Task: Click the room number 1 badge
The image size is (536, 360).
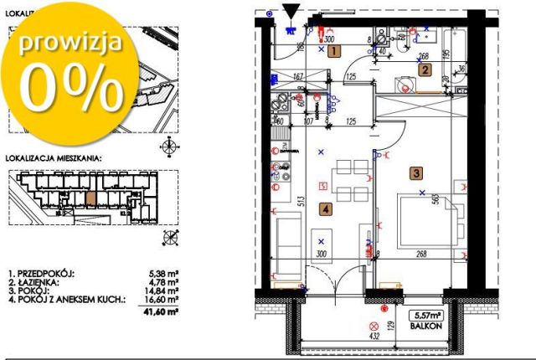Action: pyautogui.click(x=334, y=51)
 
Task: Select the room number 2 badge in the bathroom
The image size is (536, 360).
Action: pyautogui.click(x=425, y=70)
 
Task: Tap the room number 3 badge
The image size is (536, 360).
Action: pyautogui.click(x=415, y=173)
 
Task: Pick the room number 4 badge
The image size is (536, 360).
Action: pyautogui.click(x=325, y=210)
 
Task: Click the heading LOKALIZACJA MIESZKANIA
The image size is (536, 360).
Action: pyautogui.click(x=54, y=157)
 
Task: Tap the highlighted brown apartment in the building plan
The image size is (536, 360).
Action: pyautogui.click(x=91, y=198)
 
